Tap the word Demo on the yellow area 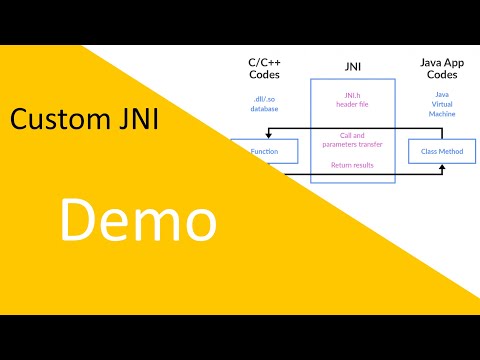[136, 219]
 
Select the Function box [264, 152]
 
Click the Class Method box [442, 152]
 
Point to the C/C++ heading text [264, 62]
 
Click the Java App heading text [442, 62]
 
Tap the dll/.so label [264, 98]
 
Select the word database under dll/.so [264, 108]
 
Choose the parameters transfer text [351, 143]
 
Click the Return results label [351, 164]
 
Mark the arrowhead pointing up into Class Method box [441, 168]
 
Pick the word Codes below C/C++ [264, 75]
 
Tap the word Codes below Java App [442, 75]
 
